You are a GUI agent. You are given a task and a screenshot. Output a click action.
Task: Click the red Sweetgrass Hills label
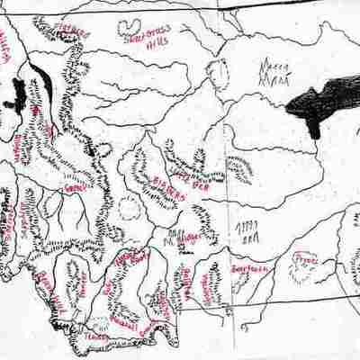(x=144, y=31)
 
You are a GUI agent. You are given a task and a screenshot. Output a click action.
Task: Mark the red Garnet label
(x=76, y=188)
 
